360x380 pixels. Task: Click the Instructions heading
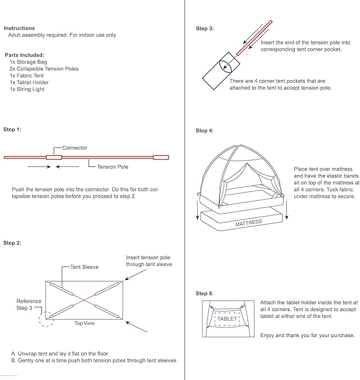pos(19,28)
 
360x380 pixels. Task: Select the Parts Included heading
pos(24,55)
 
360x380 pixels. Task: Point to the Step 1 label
pos(12,129)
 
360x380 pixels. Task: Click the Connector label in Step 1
pos(75,148)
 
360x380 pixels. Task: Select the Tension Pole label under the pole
pos(112,167)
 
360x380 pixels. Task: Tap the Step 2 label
pos(12,243)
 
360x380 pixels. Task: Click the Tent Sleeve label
pos(84,267)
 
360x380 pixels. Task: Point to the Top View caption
pos(84,323)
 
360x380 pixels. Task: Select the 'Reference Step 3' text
pos(29,304)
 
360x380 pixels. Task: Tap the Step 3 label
pos(205,29)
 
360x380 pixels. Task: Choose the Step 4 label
pos(205,130)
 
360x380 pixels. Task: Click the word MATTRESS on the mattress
pos(249,223)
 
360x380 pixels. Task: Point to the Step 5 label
pos(205,293)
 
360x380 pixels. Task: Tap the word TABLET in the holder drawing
pos(227,319)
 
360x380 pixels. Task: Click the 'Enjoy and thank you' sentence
pos(300,335)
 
